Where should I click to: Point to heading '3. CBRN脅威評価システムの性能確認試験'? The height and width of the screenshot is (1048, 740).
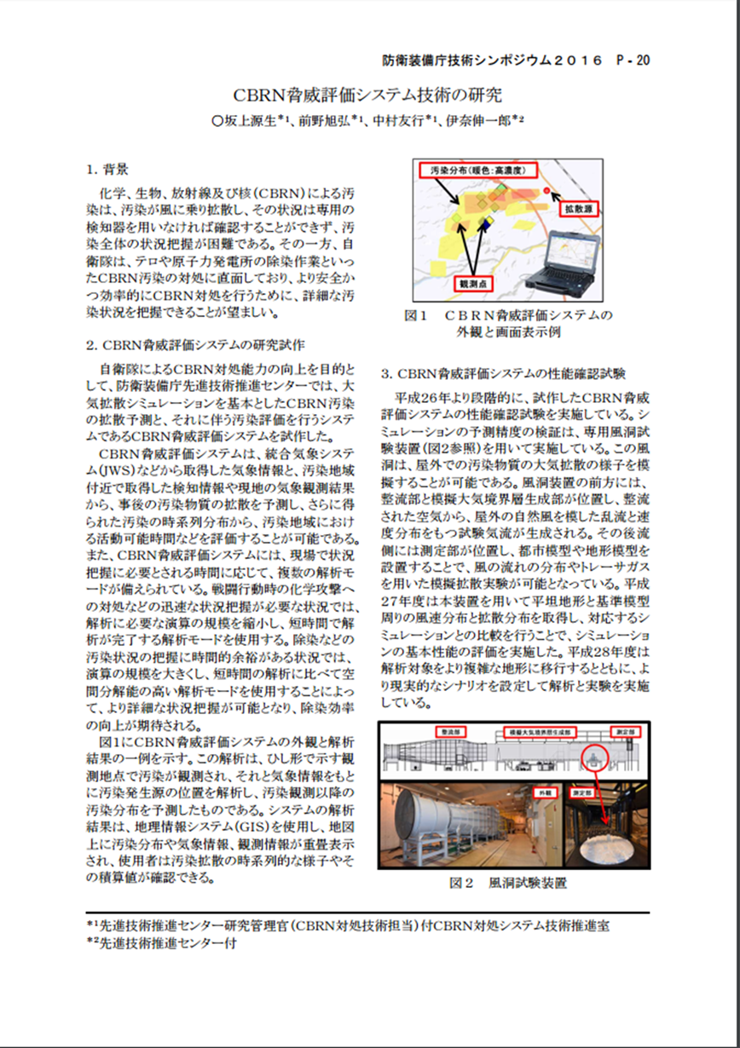click(x=504, y=373)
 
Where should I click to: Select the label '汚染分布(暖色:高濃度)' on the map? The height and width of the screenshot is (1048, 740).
click(x=477, y=170)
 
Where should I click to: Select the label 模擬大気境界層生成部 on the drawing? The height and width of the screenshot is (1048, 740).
click(x=539, y=732)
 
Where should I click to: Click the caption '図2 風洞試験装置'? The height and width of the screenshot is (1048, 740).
click(x=508, y=884)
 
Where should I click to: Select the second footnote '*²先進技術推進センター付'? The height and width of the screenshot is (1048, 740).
click(x=161, y=943)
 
